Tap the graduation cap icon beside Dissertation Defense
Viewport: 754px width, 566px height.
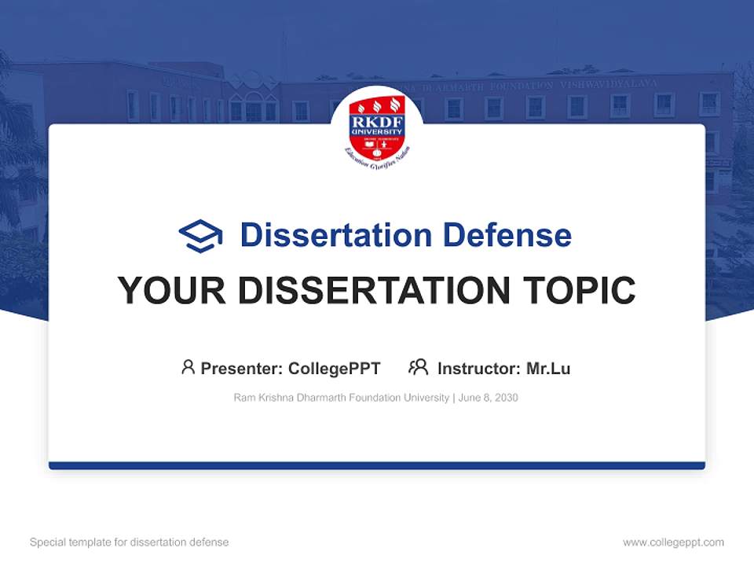point(200,235)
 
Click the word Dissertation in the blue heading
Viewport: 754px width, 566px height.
point(336,235)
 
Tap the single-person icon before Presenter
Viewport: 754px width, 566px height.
point(188,367)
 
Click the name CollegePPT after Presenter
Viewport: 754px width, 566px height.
point(335,368)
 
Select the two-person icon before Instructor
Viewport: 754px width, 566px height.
point(418,367)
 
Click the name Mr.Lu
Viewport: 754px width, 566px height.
point(548,368)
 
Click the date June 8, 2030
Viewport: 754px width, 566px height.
point(489,398)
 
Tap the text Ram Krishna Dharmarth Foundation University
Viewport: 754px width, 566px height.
point(341,398)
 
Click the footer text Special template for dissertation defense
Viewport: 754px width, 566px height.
point(130,542)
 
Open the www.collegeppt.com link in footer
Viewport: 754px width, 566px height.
point(673,542)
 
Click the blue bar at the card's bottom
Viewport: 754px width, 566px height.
point(377,465)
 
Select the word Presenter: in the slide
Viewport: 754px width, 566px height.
point(242,368)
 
